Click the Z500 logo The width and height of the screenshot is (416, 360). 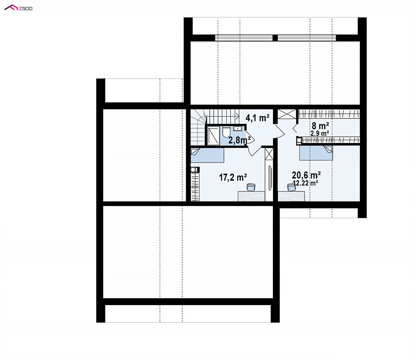(x=19, y=8)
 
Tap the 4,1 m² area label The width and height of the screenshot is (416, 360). (x=257, y=117)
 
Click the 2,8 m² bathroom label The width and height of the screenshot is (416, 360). (x=240, y=140)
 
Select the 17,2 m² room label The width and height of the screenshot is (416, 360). (x=233, y=177)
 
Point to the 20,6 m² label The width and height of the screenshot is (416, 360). (x=306, y=175)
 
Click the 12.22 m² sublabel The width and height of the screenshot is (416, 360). (x=305, y=182)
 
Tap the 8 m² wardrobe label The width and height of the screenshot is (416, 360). (x=320, y=126)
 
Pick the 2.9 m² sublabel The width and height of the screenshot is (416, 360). (x=320, y=133)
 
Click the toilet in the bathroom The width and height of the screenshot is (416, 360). (x=226, y=132)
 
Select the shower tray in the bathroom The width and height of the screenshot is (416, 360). (x=213, y=136)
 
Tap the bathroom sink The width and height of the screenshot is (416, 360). (x=237, y=129)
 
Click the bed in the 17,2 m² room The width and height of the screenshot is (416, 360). (x=208, y=156)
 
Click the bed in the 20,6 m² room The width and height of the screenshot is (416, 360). (x=316, y=153)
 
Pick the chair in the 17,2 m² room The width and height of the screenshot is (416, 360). (x=251, y=187)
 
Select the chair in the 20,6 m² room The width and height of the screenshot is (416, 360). (x=292, y=187)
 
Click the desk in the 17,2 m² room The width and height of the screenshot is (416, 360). (x=251, y=196)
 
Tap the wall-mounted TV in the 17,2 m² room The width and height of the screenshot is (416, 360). (x=270, y=178)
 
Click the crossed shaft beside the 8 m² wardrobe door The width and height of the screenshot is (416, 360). (x=287, y=114)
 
